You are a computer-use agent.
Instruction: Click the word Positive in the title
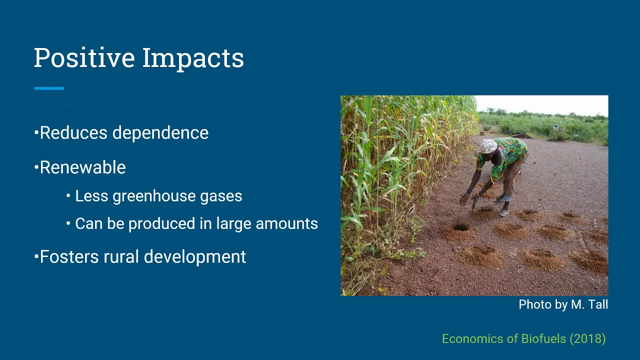[84, 57]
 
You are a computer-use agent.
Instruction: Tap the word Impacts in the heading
[193, 59]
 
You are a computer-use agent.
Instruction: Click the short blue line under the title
[49, 88]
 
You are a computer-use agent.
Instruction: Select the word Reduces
[73, 133]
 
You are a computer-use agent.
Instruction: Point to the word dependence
[160, 133]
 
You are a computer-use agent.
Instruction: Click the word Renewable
[83, 167]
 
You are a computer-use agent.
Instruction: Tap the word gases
[221, 196]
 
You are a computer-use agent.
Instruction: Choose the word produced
[161, 223]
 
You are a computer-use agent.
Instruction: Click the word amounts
[287, 223]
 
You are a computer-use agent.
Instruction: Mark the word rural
[121, 256]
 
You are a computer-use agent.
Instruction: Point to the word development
[195, 257]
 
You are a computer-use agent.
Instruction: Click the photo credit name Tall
[599, 304]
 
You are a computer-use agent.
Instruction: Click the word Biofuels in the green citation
[543, 339]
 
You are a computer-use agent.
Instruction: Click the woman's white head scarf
[488, 145]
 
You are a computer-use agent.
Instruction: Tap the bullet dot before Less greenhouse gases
[68, 196]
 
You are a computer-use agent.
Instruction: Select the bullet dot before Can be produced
[68, 223]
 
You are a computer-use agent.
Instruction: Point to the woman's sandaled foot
[503, 212]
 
